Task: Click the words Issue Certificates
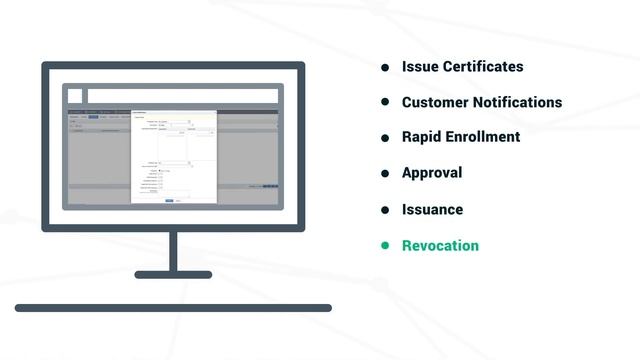coord(462,67)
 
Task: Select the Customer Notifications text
coord(481,102)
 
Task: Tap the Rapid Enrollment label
coord(460,137)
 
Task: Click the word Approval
coord(431,173)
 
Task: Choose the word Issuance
coord(432,209)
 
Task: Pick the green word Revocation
coord(440,245)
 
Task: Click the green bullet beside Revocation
coord(385,245)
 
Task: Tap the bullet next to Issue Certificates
coord(385,68)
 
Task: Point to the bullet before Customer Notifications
coord(385,102)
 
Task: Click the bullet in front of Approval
coord(385,173)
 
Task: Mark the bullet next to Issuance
coord(385,210)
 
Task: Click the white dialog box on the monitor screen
coord(174,155)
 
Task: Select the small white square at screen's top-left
coord(75,96)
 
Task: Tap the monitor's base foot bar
coord(173,273)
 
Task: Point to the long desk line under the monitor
coord(173,308)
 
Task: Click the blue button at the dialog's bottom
coord(169,200)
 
